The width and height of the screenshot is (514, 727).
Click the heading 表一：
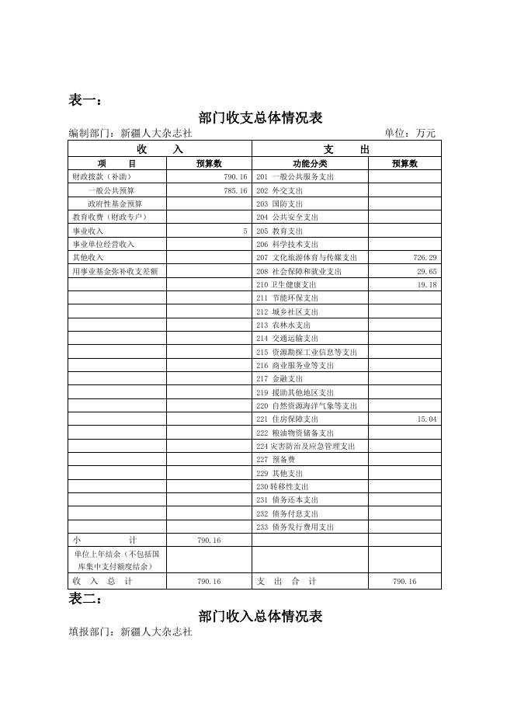(x=85, y=99)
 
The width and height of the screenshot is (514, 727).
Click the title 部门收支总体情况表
(x=260, y=118)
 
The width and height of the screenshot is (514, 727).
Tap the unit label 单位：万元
(x=410, y=134)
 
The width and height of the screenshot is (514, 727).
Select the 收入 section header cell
(x=160, y=149)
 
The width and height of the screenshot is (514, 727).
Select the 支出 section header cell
(x=346, y=149)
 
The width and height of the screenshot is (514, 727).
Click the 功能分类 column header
(x=310, y=164)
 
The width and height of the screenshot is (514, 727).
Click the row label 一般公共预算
(x=111, y=191)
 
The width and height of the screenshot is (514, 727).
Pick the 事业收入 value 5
(x=245, y=231)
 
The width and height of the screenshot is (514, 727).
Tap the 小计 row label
(x=105, y=541)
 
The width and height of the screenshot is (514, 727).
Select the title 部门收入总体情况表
(x=260, y=617)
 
